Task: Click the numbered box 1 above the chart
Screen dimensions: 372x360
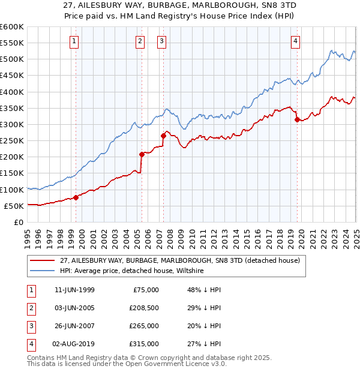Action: coord(74,41)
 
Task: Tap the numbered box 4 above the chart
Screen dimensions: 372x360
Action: coord(296,41)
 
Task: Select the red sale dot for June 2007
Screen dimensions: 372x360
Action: coord(163,136)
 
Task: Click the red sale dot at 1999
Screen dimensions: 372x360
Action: coord(76,198)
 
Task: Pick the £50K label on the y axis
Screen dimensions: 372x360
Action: coord(14,206)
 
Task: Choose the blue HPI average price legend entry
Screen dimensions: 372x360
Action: coord(132,271)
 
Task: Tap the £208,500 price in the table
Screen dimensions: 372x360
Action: coord(144,308)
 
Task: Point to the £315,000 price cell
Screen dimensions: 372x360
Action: coord(144,344)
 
